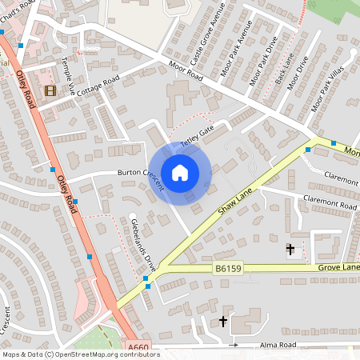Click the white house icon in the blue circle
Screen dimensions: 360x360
pyautogui.click(x=180, y=172)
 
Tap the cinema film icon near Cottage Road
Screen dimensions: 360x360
pyautogui.click(x=51, y=90)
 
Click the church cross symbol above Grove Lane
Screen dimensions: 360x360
pyautogui.click(x=290, y=250)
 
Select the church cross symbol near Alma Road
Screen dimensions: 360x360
pyautogui.click(x=222, y=322)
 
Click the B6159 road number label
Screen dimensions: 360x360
pyautogui.click(x=228, y=270)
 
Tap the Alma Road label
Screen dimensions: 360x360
pyautogui.click(x=278, y=345)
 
